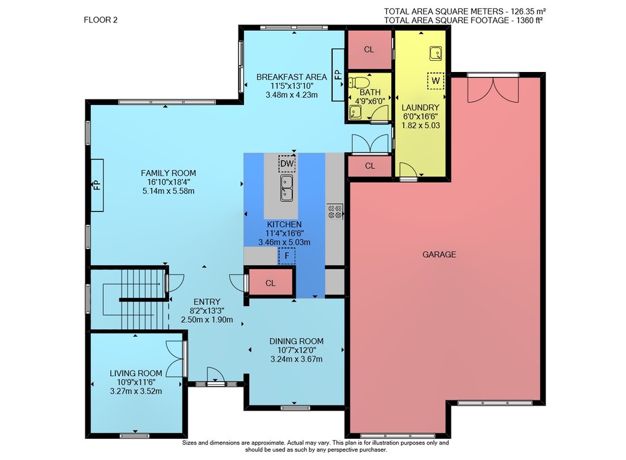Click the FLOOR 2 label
coord(101,20)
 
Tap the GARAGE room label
coord(439,254)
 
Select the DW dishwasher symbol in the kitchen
coord(287,163)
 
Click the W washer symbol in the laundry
coord(436,81)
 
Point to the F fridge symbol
coord(287,256)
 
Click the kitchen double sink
coord(286,188)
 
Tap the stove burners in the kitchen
coord(335,212)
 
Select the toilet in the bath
coord(358,83)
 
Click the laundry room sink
coord(436,53)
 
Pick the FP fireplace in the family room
coord(97,185)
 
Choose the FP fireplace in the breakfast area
coord(338,74)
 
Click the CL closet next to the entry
coord(270,283)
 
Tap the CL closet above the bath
coord(369,49)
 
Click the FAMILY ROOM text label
coord(168,173)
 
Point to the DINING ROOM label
coord(296,341)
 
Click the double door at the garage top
coord(493,90)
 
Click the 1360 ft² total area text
coord(530,21)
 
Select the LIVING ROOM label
coord(136,374)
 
